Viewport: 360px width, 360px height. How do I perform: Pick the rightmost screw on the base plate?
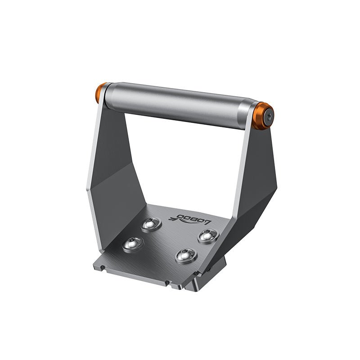207,235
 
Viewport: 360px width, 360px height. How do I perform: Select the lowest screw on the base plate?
186,256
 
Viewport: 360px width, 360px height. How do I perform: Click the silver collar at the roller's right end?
247,115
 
